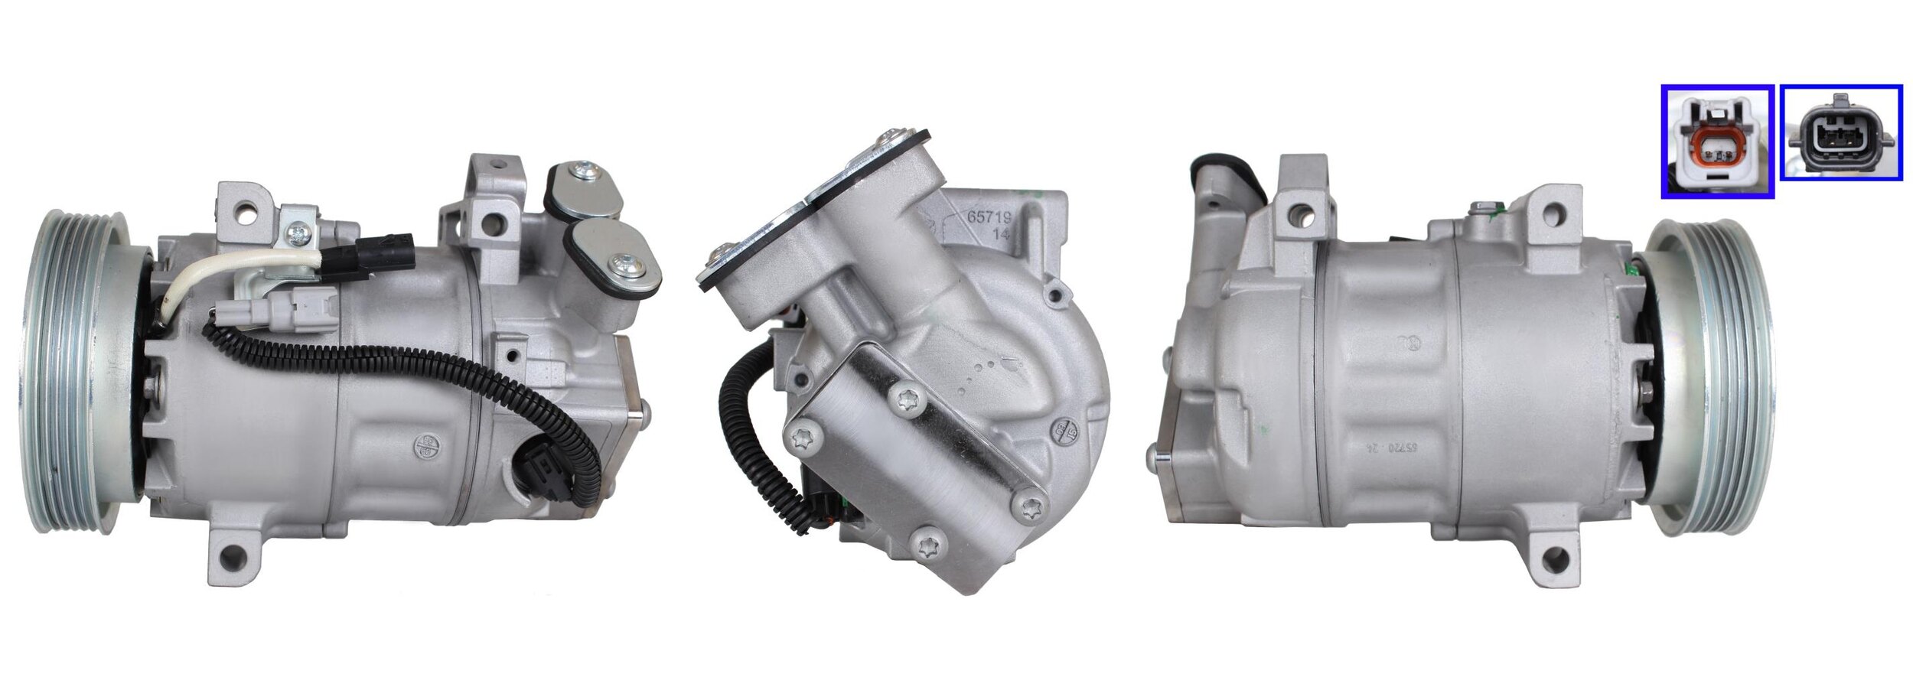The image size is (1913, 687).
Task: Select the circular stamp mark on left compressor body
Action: [425, 447]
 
